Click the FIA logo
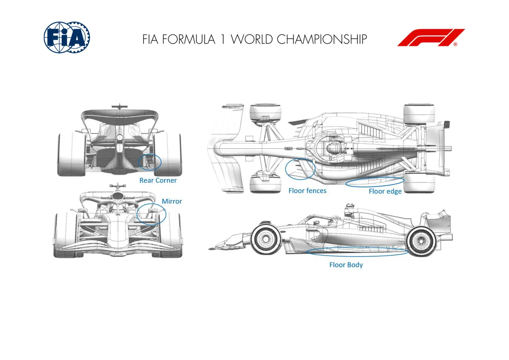[67, 37]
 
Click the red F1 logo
[431, 37]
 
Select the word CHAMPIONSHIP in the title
[322, 39]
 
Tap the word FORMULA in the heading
[188, 39]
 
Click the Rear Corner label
[158, 181]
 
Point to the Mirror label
[172, 201]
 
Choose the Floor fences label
[307, 191]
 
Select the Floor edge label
[385, 192]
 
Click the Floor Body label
[346, 265]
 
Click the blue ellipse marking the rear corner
[138, 162]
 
